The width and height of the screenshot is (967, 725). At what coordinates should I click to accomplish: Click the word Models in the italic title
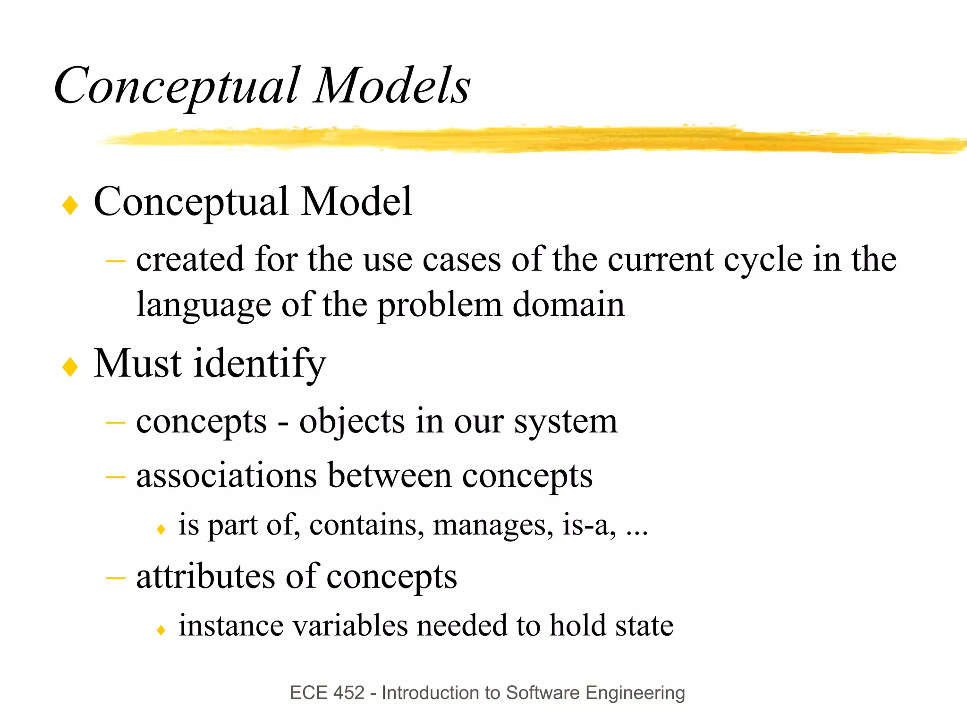(x=392, y=86)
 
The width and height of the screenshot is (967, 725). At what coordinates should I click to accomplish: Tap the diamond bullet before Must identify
(x=70, y=367)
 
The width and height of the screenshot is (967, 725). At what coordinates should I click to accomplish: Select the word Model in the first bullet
(x=356, y=202)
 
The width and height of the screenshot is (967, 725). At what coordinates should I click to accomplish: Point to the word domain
(x=568, y=305)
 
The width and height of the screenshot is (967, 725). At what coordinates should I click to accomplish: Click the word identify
(x=260, y=364)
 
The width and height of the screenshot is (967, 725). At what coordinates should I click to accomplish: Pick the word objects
(x=352, y=421)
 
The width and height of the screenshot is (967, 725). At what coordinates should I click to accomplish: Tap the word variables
(x=349, y=626)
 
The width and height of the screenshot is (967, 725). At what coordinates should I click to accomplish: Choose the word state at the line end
(x=644, y=626)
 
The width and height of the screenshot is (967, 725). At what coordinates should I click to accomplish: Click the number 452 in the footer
(x=349, y=693)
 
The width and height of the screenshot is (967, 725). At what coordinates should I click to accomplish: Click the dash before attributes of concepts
(x=115, y=578)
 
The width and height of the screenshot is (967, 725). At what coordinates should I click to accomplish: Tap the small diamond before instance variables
(x=161, y=630)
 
